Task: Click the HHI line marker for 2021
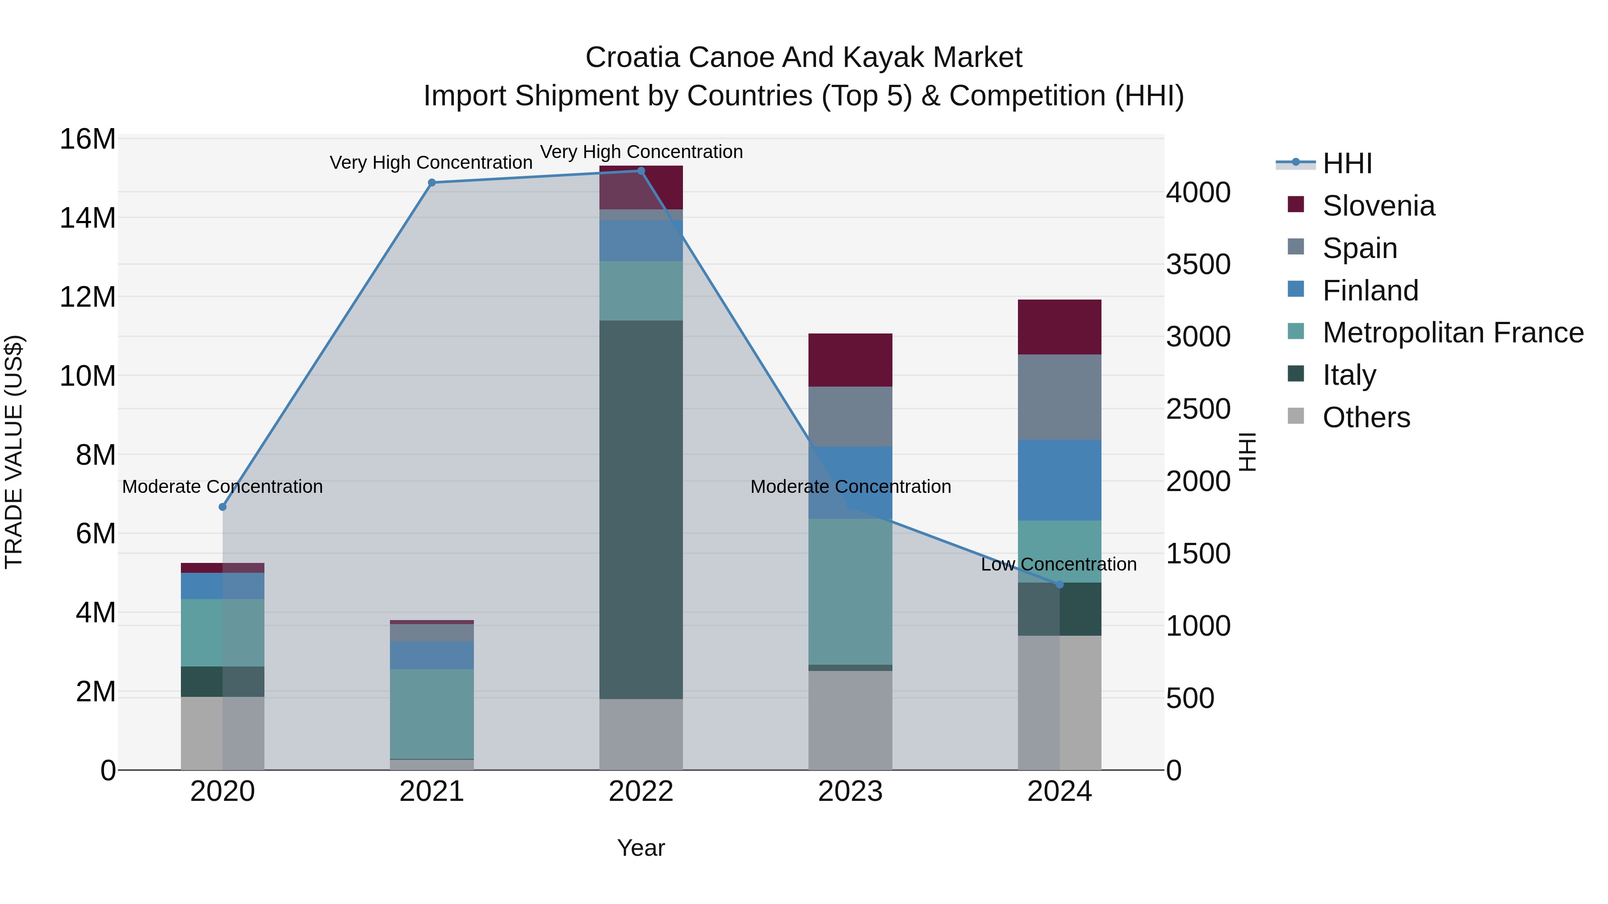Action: point(431,183)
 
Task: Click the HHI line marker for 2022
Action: point(641,171)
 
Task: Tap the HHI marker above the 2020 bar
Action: point(222,507)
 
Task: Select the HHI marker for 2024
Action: point(1059,584)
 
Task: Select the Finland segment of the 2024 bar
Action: point(1059,480)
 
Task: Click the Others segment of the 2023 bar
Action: point(850,720)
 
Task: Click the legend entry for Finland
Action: point(1370,291)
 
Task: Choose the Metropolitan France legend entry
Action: point(1453,333)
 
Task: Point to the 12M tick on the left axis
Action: point(88,297)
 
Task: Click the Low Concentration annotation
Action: point(1059,565)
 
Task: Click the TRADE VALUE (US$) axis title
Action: point(14,452)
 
